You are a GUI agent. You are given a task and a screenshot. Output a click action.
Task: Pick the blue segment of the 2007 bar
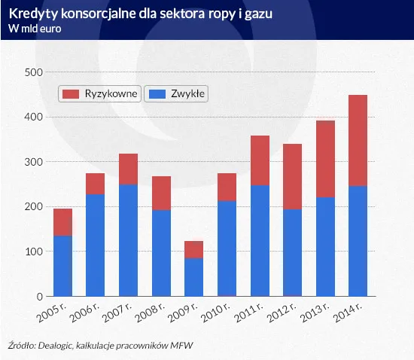click(128, 240)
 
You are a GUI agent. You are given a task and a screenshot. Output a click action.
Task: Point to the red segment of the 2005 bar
click(62, 222)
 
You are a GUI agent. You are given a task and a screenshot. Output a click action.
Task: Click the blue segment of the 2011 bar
click(259, 240)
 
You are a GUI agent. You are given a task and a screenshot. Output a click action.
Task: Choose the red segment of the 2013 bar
click(324, 159)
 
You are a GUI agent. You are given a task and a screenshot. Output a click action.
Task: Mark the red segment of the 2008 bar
click(161, 193)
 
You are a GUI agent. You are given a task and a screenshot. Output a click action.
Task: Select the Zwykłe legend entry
click(176, 93)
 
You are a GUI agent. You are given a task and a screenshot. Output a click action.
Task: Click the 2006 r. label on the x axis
click(88, 313)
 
